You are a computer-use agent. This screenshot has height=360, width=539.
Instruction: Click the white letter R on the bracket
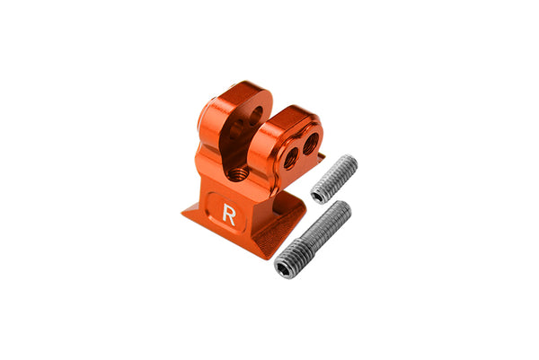[x=229, y=215]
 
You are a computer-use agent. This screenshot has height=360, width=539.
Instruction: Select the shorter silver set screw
[x=335, y=179]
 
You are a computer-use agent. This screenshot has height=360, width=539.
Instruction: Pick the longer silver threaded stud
[x=314, y=240]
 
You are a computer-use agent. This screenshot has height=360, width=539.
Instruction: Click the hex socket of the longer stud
[x=287, y=267]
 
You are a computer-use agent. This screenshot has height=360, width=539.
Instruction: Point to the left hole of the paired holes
[x=291, y=157]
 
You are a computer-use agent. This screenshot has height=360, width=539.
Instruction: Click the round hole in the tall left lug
[x=255, y=116]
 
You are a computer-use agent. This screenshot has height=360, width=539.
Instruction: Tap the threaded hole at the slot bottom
[x=237, y=171]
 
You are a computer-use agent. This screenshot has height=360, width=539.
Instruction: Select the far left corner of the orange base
[x=183, y=213]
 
